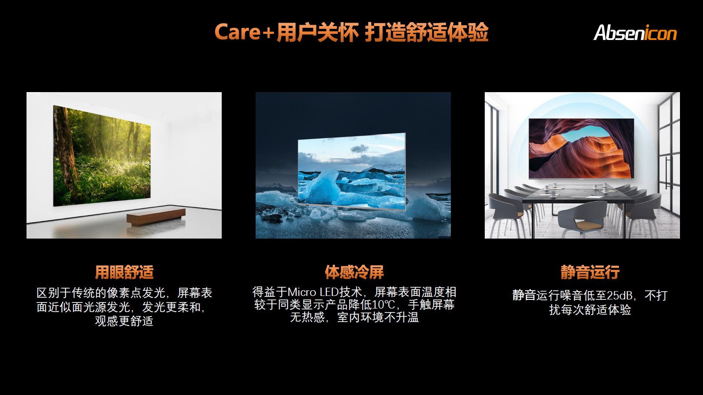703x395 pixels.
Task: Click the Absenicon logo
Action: click(x=635, y=32)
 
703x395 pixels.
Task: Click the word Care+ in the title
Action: click(x=244, y=32)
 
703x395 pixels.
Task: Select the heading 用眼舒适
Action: click(x=124, y=272)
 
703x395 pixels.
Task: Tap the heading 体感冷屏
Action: click(x=354, y=272)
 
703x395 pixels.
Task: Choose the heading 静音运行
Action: click(x=590, y=272)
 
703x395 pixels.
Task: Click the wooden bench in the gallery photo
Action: click(x=156, y=216)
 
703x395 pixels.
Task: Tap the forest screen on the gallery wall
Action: click(x=102, y=156)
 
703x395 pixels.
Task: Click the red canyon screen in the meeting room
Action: click(x=581, y=149)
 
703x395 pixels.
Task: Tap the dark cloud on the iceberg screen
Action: click(x=360, y=149)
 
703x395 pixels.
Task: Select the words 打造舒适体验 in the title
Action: click(x=427, y=32)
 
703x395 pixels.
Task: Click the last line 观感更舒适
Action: click(x=124, y=321)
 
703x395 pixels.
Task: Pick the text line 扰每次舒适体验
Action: click(x=590, y=310)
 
